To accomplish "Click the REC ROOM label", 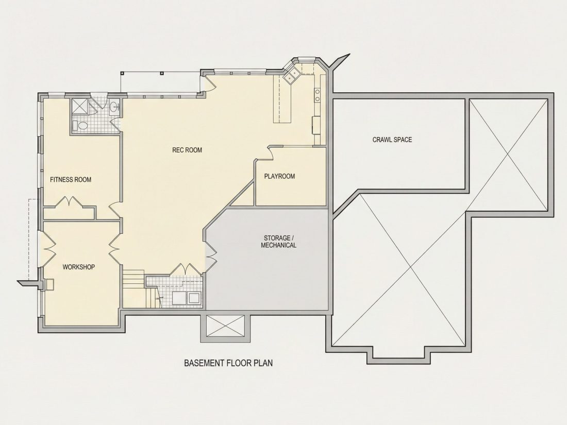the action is click(x=187, y=150).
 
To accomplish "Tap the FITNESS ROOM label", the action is click(x=71, y=180).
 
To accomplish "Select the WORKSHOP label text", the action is click(x=79, y=267).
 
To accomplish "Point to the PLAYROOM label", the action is click(x=279, y=176).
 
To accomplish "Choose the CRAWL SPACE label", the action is click(x=392, y=140).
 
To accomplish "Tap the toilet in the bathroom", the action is click(x=80, y=126).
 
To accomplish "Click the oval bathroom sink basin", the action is click(x=114, y=107).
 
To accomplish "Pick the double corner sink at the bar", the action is click(x=291, y=75).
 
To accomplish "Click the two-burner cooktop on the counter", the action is click(x=317, y=94).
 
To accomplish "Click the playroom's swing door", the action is click(x=270, y=152).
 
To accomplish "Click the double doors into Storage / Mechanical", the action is click(x=210, y=255).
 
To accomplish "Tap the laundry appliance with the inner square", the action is click(x=194, y=298).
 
